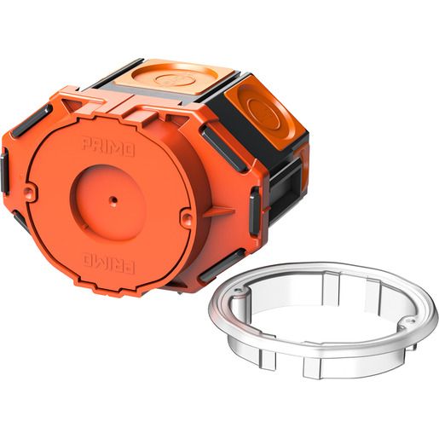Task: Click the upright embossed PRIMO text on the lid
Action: pos(108,147)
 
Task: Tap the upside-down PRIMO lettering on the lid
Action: pos(108,264)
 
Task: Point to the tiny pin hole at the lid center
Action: pos(113,199)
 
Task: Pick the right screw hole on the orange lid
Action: pos(187,217)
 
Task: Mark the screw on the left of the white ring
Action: pos(239,290)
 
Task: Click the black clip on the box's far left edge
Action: pos(4,171)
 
